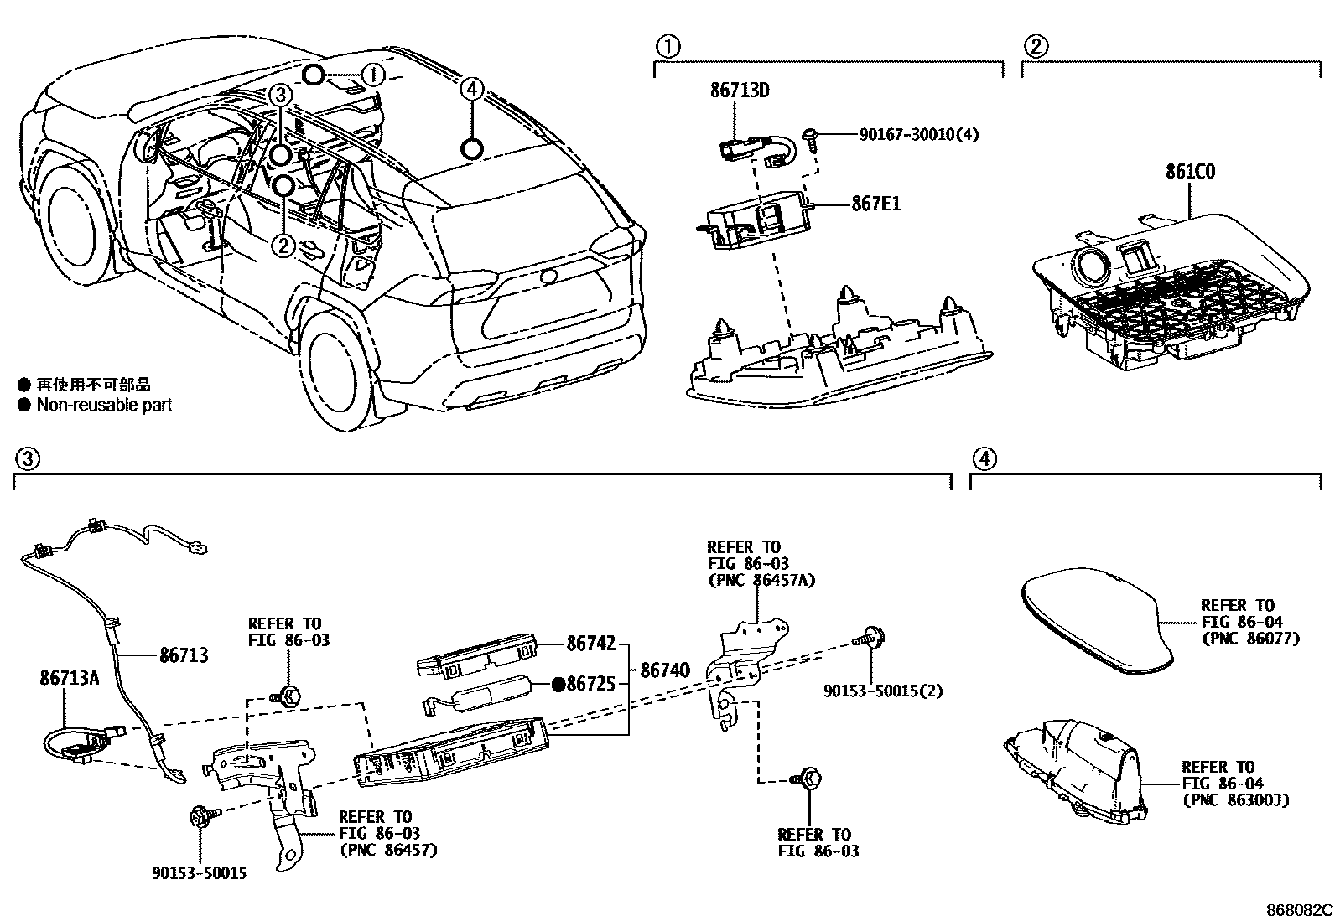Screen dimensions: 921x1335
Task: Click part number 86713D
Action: tap(740, 90)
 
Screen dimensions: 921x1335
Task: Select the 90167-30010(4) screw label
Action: tap(917, 134)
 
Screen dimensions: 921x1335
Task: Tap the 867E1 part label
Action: tap(875, 204)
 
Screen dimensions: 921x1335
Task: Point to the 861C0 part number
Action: tap(1189, 172)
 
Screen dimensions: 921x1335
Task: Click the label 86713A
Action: tap(69, 677)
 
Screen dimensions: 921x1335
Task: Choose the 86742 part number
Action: tap(590, 644)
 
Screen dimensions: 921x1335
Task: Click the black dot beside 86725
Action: tap(557, 685)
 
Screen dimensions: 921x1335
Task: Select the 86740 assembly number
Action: tap(665, 670)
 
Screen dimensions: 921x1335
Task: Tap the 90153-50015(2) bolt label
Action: tap(883, 691)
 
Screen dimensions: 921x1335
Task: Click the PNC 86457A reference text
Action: tap(761, 580)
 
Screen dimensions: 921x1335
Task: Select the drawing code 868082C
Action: tap(1299, 909)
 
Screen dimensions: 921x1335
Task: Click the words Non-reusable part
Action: tap(104, 405)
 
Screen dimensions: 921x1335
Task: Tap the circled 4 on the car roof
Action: tap(472, 87)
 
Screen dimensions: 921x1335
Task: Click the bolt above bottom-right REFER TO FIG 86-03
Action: tap(808, 779)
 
